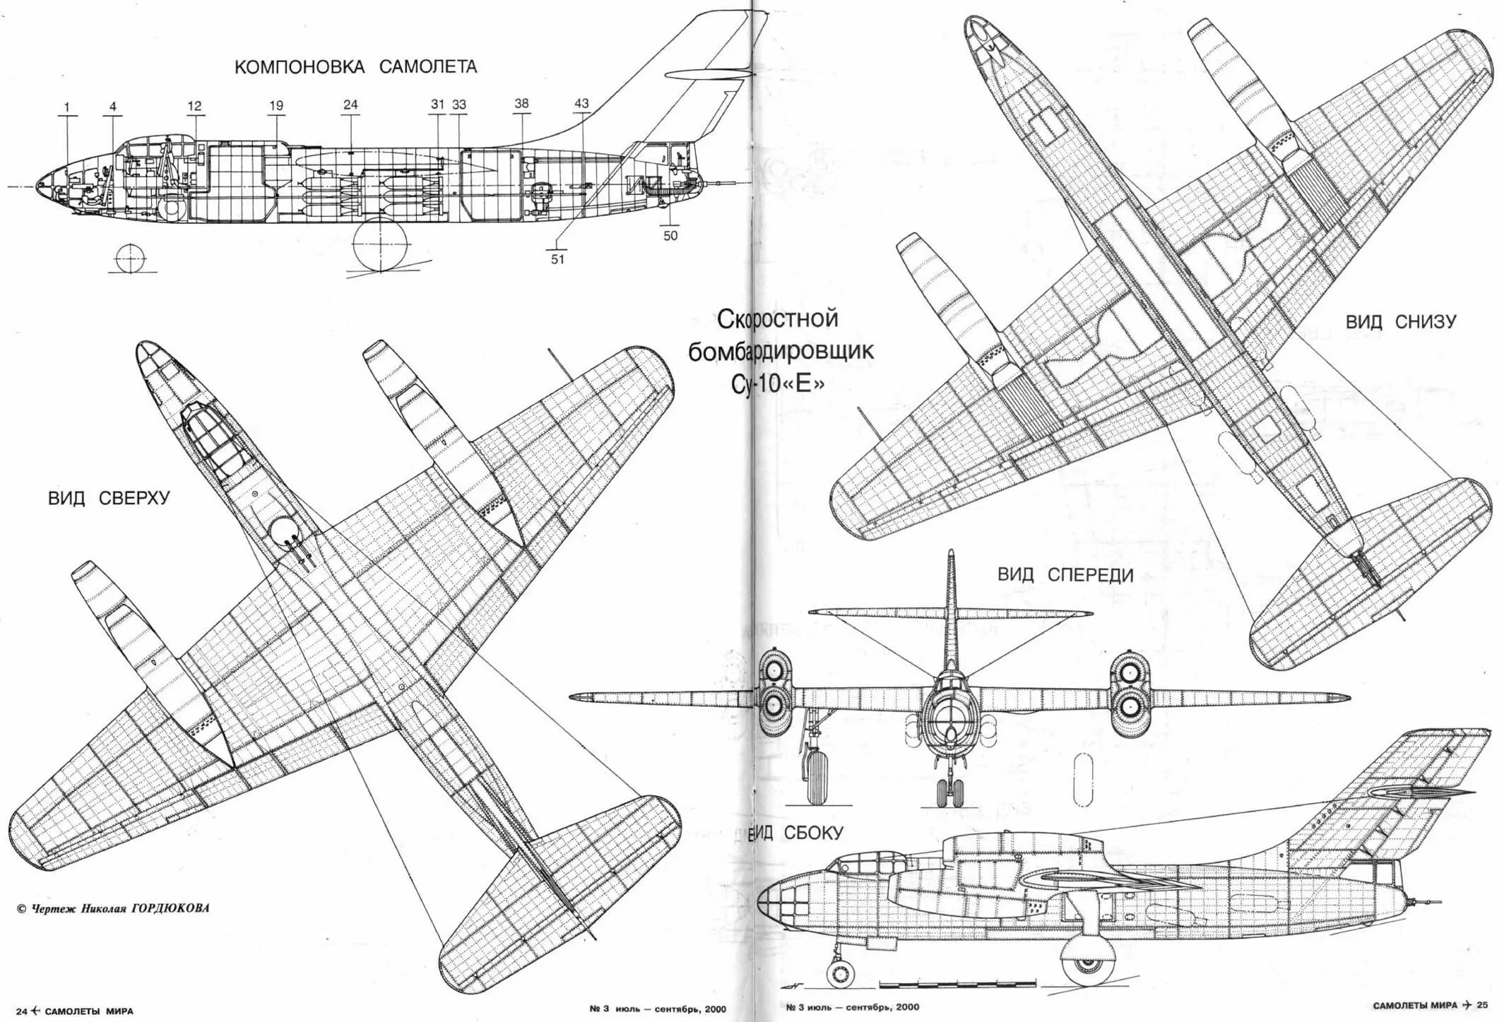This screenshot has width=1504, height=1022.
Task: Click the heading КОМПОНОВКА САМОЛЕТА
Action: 355,68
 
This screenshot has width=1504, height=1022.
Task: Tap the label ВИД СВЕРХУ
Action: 109,498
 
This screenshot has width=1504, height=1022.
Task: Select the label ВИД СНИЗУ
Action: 1400,322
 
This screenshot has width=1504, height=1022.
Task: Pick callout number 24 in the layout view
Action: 350,105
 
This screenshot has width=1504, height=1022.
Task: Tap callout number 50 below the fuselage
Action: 670,236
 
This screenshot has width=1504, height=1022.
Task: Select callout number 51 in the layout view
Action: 558,259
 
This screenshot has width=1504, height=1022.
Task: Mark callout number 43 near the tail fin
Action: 581,104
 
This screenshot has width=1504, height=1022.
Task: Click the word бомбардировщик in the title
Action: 781,351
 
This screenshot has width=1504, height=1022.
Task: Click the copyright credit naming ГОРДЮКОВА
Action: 113,908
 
